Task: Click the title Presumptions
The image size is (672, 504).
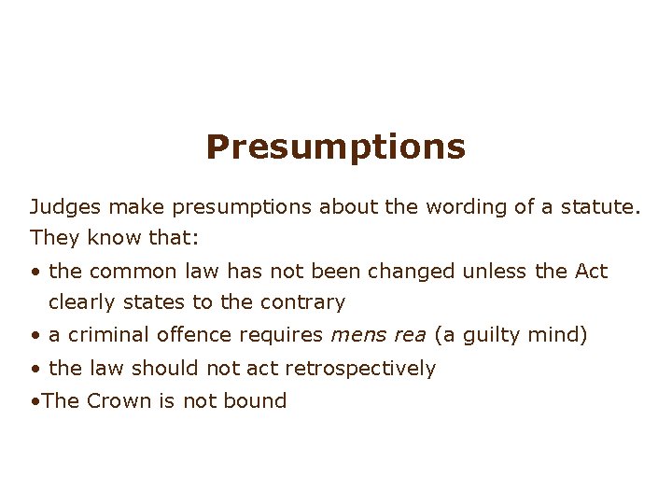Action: (x=336, y=147)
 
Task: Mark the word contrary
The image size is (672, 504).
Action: (x=305, y=302)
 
